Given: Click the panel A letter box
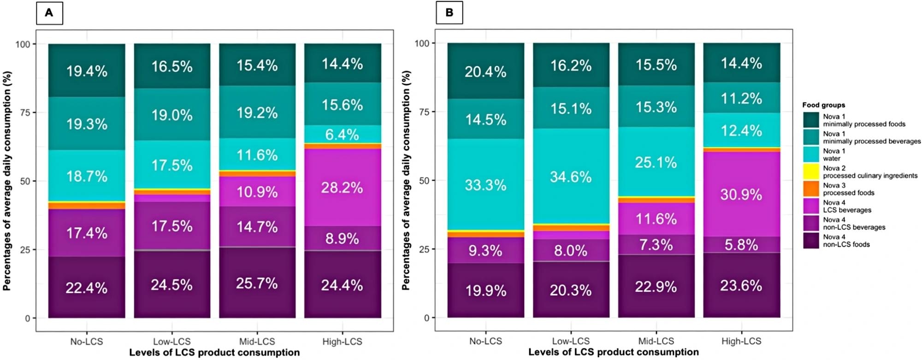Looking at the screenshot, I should point(49,13).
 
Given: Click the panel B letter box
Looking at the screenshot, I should point(449,13).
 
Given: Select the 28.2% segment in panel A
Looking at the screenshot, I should point(342,188).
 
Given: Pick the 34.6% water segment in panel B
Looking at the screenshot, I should point(571,177).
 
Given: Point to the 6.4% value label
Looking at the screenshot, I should point(342,134).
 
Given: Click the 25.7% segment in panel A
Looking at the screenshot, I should point(257,283).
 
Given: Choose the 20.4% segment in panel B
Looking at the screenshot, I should point(485,71).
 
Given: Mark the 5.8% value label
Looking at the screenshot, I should point(741,244).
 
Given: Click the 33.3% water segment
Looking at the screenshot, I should point(485,184).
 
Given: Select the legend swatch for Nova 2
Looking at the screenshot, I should point(811,172).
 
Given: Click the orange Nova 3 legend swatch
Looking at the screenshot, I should point(811,189).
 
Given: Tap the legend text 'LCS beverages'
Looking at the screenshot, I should point(847,210).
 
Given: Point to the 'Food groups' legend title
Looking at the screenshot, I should point(823,105).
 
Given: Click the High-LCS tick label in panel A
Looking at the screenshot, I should point(342,342).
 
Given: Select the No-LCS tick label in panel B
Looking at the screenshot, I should point(485,341).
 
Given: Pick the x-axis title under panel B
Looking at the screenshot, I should point(613,352).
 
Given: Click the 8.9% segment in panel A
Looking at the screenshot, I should point(342,238).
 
